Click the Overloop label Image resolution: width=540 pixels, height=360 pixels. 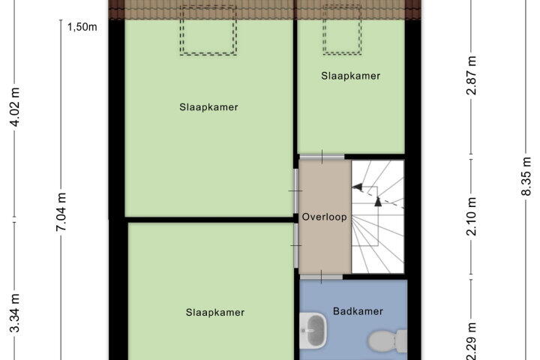(325, 217)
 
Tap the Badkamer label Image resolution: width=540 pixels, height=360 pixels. (358, 311)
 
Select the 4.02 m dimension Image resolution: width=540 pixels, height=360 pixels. (15, 106)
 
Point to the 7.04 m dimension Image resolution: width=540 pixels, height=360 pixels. (61, 211)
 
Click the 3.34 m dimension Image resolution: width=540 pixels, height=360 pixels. (15, 313)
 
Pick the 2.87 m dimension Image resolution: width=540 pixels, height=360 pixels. (471, 75)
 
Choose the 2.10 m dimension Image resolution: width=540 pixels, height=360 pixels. (471, 216)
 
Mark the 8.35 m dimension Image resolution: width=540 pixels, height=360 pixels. (526, 176)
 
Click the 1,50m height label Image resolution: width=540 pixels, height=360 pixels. (82, 27)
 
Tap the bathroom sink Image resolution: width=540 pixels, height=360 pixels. (313, 330)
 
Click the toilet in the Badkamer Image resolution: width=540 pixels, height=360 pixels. (388, 340)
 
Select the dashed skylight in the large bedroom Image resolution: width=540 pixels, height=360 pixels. (208, 30)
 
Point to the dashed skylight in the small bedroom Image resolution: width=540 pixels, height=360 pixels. (342, 30)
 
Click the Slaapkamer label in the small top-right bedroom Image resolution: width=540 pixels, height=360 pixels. (350, 76)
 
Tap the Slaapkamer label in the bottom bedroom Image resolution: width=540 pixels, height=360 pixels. (215, 313)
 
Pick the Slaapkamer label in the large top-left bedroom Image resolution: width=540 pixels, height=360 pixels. (208, 107)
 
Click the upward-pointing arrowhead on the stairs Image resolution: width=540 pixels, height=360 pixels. (378, 202)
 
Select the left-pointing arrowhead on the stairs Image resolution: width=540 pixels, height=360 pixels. (357, 187)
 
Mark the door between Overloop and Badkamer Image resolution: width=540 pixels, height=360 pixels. (321, 277)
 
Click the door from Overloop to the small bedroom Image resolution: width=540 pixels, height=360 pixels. (322, 157)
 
